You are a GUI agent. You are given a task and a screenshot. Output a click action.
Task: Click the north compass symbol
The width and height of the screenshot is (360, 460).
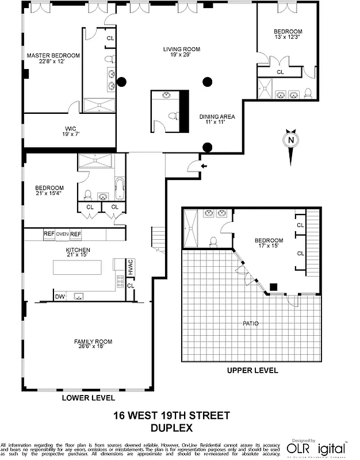coord(292,140)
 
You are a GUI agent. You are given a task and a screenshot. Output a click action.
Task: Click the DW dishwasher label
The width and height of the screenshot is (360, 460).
coord(59,297)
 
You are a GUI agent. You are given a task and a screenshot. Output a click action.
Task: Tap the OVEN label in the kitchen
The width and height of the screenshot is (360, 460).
coord(62,234)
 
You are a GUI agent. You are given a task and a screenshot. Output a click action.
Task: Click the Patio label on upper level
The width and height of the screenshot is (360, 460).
coord(250,323)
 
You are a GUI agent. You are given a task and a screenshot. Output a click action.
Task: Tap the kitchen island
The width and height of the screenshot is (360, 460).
coord(77,268)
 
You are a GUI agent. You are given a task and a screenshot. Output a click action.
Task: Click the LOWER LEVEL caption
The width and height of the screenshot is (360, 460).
coord(88,397)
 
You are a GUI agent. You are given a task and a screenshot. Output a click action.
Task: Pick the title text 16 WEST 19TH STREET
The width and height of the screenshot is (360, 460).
coord(171,416)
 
